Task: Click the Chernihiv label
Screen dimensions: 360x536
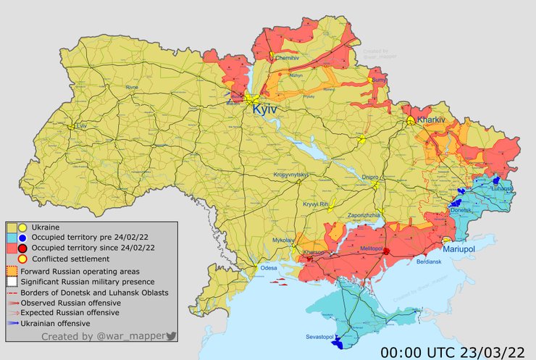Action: tap(288, 56)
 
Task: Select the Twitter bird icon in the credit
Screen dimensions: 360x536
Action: tap(171, 336)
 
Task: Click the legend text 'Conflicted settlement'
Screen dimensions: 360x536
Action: tap(70, 259)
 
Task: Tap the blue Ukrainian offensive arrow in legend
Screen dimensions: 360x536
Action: tap(14, 323)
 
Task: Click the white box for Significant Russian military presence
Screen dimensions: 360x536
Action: tap(12, 281)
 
